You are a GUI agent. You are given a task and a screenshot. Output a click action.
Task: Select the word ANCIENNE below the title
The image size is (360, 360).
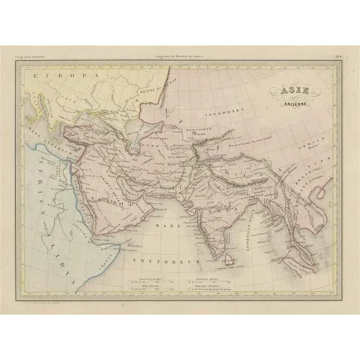[289, 106]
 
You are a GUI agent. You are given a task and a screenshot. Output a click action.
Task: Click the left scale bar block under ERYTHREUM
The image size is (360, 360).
[150, 281]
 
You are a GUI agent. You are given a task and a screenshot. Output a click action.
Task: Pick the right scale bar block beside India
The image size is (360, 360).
[208, 281]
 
